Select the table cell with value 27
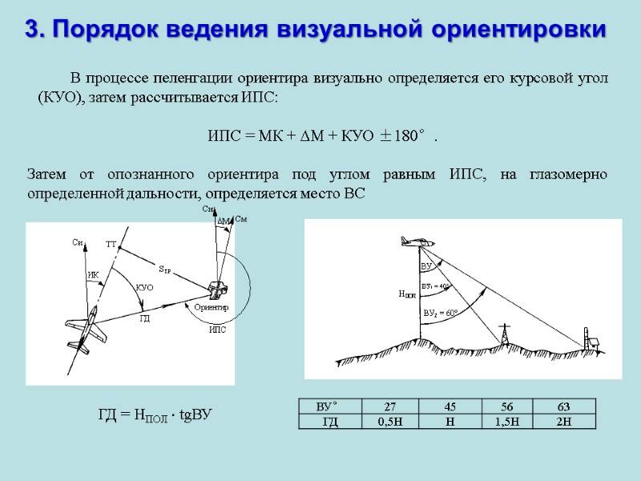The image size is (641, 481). pos(390,406)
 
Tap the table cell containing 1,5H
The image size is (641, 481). pos(507,421)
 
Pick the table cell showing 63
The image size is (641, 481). pos(566,406)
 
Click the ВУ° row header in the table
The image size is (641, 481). pos(329,406)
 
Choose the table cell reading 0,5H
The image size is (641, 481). pos(390,421)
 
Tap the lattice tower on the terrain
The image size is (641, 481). pos(504,333)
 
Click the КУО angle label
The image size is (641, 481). pos(144,286)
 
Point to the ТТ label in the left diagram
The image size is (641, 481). pos(111,243)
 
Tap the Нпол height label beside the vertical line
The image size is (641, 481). pos(407,293)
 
